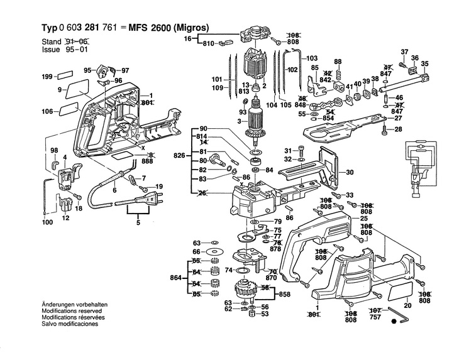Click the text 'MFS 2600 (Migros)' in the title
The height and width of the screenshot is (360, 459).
(169, 27)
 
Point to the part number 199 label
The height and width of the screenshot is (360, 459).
(47, 77)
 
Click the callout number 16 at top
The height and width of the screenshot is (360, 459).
(187, 39)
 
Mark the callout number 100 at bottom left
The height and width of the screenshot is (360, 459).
(47, 222)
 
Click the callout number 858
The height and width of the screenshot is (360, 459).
(284, 294)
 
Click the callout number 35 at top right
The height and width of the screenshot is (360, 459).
(425, 63)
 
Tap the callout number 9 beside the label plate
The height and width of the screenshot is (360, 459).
(60, 90)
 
